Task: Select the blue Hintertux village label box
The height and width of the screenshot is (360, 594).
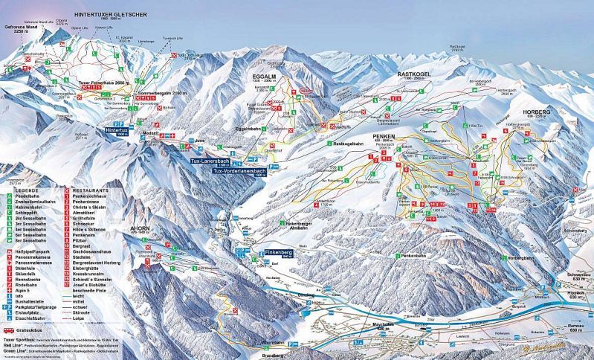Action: pyautogui.click(x=117, y=127)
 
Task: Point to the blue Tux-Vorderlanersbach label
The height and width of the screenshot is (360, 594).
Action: pyautogui.click(x=238, y=171)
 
